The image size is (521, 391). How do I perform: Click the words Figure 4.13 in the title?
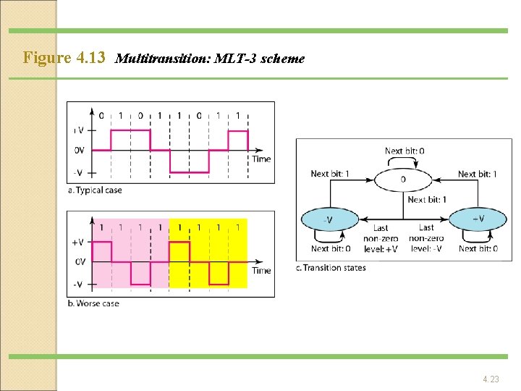(x=64, y=57)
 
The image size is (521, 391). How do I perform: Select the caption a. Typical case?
(x=95, y=190)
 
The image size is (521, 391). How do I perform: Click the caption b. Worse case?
(x=93, y=303)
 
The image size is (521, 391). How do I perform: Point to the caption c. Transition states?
(x=331, y=268)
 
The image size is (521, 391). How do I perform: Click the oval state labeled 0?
(x=403, y=179)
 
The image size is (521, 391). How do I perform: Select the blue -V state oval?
(x=329, y=219)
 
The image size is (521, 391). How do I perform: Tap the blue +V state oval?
(x=478, y=219)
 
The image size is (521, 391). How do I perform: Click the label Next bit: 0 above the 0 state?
(x=404, y=151)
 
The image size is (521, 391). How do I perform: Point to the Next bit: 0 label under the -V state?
(x=330, y=249)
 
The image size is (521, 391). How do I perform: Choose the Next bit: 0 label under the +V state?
(x=478, y=249)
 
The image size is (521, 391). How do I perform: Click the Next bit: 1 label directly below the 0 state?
(x=427, y=200)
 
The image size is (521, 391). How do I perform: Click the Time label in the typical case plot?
(x=261, y=159)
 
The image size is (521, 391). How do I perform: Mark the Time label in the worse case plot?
(x=261, y=271)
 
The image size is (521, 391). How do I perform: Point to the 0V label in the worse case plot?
(x=80, y=262)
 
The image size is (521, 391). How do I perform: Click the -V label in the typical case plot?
(x=78, y=173)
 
